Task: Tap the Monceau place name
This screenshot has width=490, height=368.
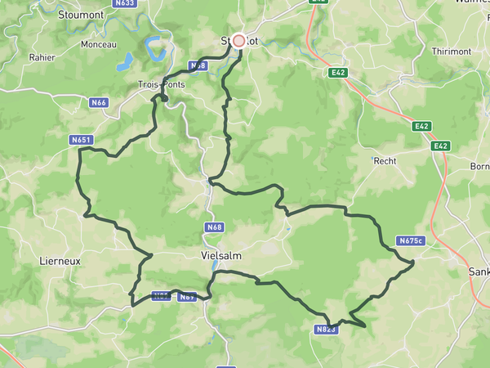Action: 99,44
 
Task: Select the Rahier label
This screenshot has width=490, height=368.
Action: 42,57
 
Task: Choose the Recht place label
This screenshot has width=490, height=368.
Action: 385,161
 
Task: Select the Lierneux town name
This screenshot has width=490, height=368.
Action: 60,261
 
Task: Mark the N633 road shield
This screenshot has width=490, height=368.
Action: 125,3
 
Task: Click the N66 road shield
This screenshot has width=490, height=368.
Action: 99,102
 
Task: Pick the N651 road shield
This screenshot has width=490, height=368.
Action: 81,141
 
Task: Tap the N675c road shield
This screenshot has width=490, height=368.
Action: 411,240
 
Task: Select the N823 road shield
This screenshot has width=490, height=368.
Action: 324,330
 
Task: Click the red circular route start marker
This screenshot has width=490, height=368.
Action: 239,39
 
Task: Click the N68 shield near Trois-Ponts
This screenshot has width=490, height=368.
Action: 198,65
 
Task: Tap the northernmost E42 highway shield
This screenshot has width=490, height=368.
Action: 339,73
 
